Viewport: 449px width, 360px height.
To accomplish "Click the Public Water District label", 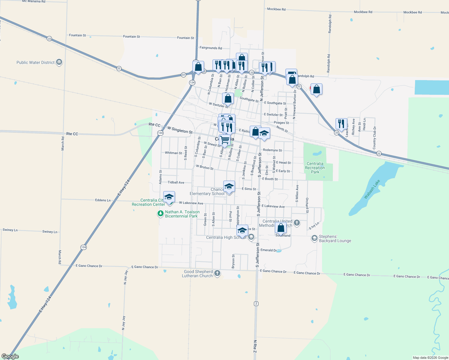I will pos(35,62).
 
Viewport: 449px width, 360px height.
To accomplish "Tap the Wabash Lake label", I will pos(372,189).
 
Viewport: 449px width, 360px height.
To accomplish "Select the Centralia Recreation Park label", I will pos(315,168).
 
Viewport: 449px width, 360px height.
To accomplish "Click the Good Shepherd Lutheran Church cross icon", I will pos(217,273).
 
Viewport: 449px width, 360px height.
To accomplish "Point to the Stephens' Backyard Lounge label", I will pos(335,239).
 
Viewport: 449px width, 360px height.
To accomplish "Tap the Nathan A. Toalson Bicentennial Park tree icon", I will pos(161,214).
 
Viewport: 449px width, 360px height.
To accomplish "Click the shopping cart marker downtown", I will pos(224,140).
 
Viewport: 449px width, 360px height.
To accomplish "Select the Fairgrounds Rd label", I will pos(211,48).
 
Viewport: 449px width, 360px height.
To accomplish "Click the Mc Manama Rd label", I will pos(34,1).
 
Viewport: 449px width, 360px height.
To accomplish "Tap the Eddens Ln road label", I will pos(103,200).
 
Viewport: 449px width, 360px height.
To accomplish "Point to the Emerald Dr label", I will pos(269,250).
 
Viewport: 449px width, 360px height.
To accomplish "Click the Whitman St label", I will pos(173,153).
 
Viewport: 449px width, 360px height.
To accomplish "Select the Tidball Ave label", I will pos(176,182).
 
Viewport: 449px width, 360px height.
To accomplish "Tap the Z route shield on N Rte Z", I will pos(256,304).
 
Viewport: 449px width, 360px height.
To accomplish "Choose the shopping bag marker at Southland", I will pos(281,228).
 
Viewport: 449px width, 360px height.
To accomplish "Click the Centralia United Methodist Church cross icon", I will pos(297,223).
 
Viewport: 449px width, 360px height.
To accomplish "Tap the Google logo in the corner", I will pos(10,356).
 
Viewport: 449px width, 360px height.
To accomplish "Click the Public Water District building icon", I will pos(59,62).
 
